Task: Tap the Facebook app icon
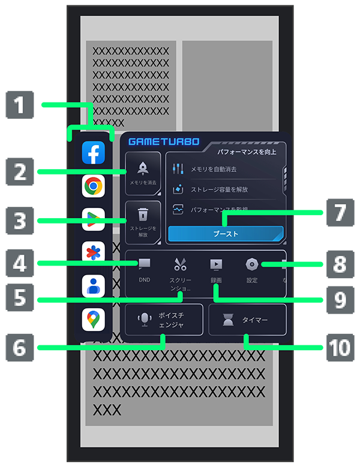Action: (x=94, y=153)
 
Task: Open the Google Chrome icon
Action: (x=94, y=186)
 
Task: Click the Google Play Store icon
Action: (x=94, y=219)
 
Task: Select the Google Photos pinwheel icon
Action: (x=94, y=252)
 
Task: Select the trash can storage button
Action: (x=143, y=221)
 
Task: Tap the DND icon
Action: (x=144, y=264)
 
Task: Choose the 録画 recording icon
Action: (x=216, y=264)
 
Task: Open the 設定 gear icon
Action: (x=251, y=264)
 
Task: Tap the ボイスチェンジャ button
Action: (x=164, y=320)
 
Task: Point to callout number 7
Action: (x=340, y=212)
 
